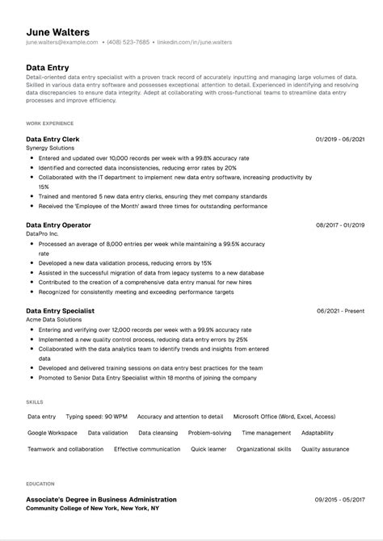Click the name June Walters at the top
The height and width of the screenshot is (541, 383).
coord(57,31)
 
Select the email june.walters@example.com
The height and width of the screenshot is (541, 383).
coord(62,42)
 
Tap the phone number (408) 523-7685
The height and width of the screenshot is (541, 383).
coord(128,42)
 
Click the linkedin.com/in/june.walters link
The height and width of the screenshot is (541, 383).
coord(194,42)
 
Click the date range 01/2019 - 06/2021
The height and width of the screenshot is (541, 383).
coord(340,139)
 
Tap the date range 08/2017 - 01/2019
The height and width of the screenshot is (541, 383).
coord(340,224)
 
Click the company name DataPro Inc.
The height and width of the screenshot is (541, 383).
coord(42,233)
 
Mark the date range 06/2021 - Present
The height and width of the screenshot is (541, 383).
coord(341,310)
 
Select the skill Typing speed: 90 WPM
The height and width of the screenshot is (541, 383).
coord(96,417)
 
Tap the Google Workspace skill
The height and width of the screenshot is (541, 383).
coord(53,433)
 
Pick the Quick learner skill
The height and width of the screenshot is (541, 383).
coord(208,449)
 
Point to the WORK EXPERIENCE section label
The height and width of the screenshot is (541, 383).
coord(49,124)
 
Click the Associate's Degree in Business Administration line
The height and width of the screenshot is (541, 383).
coord(101,500)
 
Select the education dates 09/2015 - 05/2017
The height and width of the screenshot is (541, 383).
coord(340,500)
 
